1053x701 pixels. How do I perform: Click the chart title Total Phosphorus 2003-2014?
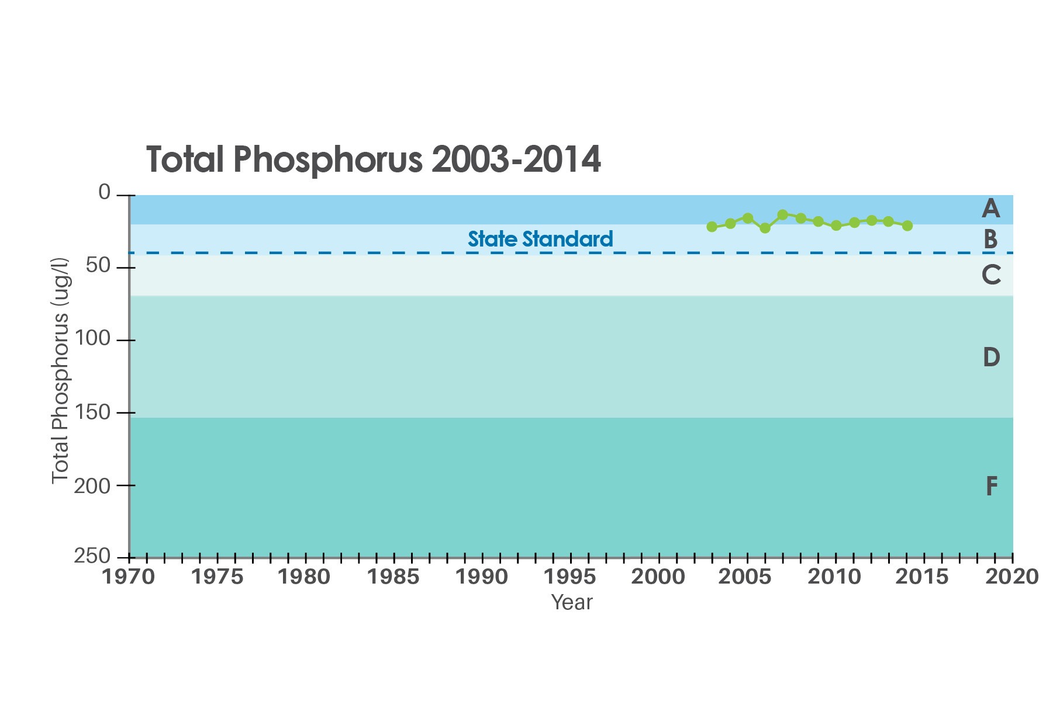[373, 159]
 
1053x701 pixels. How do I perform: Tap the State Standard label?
[540, 239]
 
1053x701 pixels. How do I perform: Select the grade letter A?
[990, 209]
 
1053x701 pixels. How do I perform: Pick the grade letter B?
[990, 240]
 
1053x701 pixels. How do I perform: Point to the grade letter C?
[991, 275]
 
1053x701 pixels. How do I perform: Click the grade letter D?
[991, 357]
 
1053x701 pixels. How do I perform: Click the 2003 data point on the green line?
[712, 227]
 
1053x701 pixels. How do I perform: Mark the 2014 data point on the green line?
[907, 225]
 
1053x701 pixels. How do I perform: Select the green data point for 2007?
[783, 214]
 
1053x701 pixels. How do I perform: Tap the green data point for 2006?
[765, 228]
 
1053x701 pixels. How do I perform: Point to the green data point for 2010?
[836, 225]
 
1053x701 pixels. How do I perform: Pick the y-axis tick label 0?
[104, 192]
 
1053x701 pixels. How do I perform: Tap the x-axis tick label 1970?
[129, 577]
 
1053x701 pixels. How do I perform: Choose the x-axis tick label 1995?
[569, 577]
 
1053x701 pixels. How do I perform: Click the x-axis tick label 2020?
[1012, 577]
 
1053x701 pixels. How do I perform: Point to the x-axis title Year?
[571, 602]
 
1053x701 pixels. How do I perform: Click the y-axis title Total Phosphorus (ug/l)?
[61, 371]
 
